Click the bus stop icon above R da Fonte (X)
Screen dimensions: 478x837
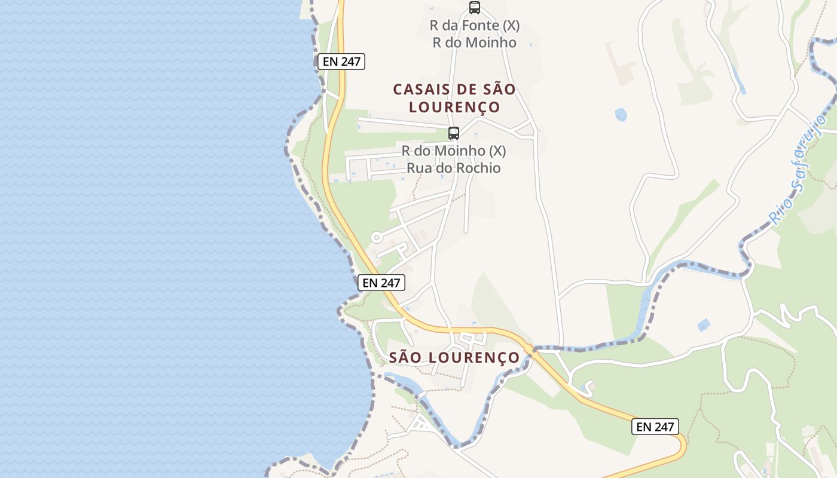475,8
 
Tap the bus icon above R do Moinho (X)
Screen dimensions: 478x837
454,133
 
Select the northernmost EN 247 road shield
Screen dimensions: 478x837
341,62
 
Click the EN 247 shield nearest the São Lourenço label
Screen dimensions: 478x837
381,283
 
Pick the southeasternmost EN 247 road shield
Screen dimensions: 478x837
655,427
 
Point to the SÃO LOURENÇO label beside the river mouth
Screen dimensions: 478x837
454,357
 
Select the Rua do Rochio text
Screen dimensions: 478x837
454,168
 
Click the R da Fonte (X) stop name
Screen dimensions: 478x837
475,26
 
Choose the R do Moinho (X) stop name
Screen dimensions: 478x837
454,151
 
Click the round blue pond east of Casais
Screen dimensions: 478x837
621,115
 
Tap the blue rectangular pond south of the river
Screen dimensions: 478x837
704,325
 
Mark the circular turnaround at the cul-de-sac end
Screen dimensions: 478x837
377,237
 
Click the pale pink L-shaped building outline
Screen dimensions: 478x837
619,63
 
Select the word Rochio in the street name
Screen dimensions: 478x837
478,168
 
